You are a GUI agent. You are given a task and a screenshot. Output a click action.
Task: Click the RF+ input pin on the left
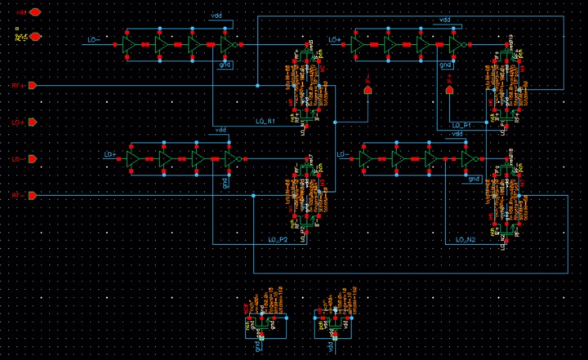tap(32, 85)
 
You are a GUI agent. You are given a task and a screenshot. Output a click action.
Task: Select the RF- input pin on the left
tap(32, 196)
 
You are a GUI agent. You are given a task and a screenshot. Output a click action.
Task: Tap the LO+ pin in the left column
tap(32, 122)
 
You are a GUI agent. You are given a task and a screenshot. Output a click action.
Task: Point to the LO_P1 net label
tap(462, 125)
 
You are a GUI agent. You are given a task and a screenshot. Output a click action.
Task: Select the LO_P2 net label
tap(278, 240)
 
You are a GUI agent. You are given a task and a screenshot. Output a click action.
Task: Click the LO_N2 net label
tap(465, 240)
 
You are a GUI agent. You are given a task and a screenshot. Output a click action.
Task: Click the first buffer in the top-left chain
tap(128, 46)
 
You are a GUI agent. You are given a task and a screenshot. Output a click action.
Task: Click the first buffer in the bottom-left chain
tap(132, 159)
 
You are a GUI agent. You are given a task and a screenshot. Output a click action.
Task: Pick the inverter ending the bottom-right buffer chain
tap(466, 159)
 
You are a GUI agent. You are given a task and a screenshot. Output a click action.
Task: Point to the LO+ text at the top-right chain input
tap(333, 39)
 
